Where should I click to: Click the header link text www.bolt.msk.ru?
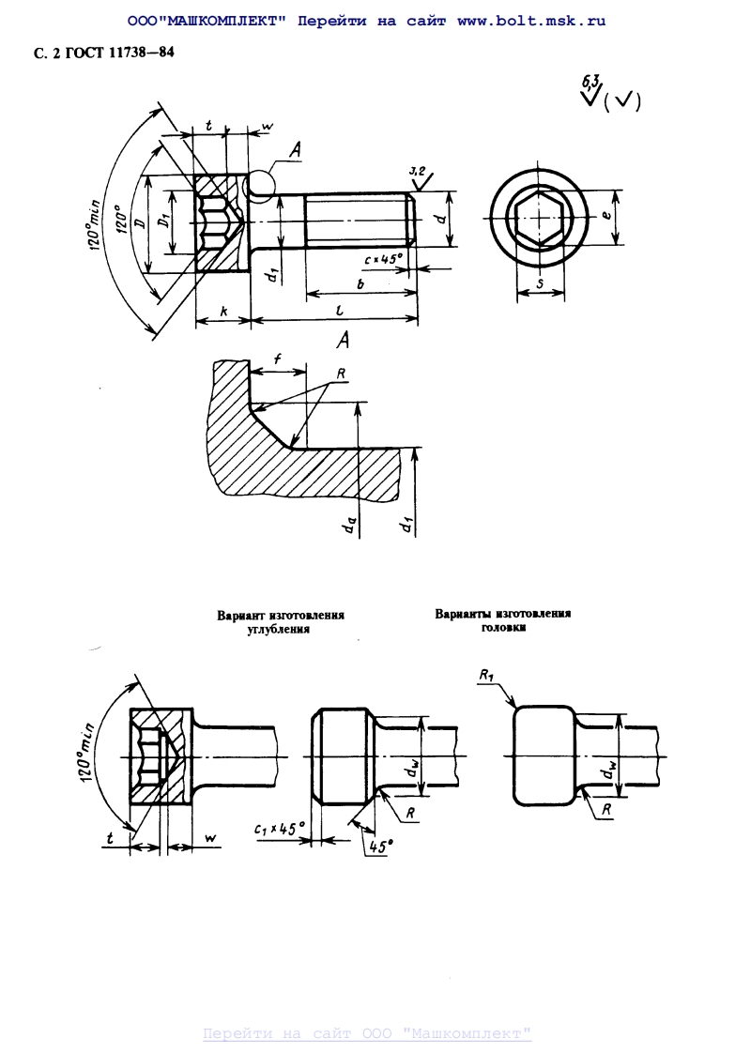(x=531, y=21)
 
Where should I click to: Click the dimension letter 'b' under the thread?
(x=361, y=282)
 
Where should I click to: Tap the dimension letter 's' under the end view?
(x=541, y=284)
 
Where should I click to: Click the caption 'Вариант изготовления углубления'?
(x=281, y=623)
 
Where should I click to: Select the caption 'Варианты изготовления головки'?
(x=502, y=620)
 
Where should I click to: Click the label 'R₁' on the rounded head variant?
(x=486, y=675)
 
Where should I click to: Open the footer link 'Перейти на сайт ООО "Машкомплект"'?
(x=367, y=1033)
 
